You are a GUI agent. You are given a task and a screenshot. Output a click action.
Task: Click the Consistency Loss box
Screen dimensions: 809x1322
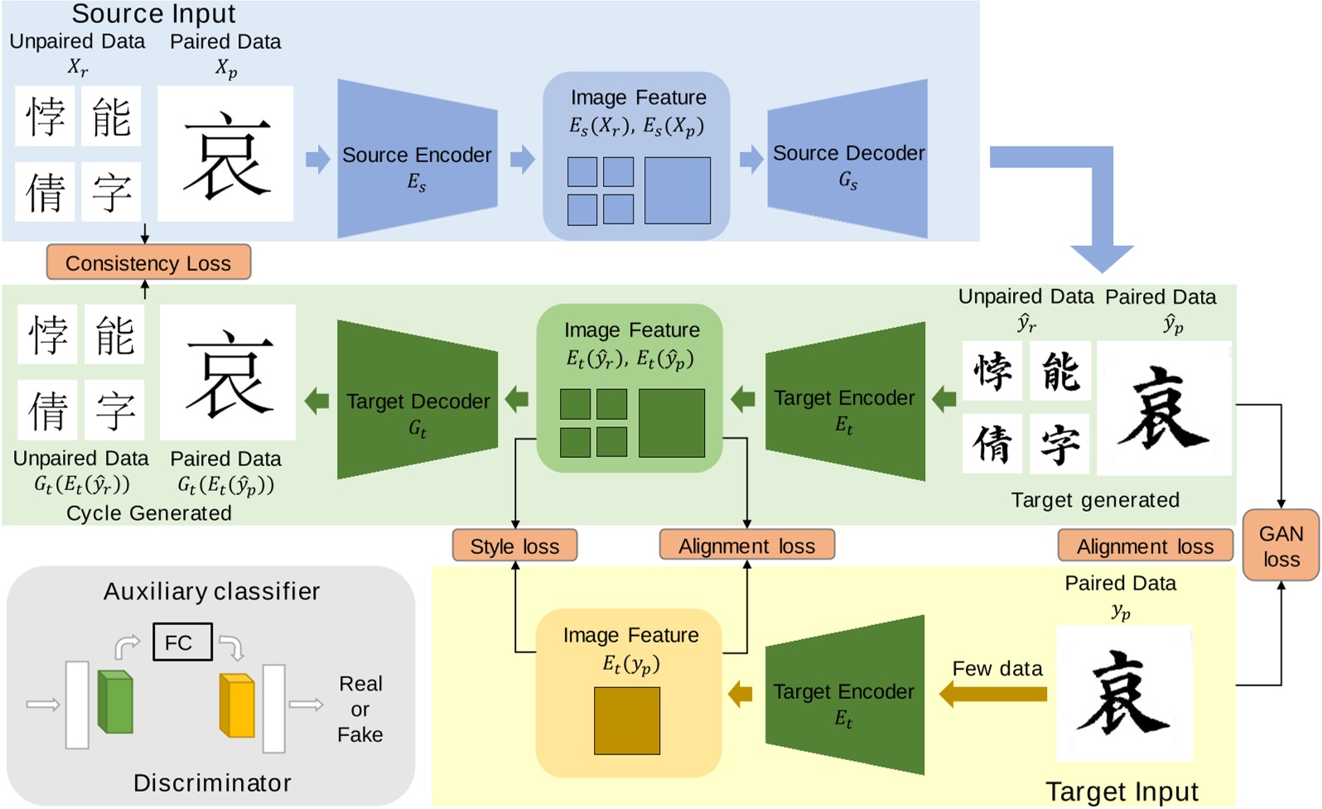coord(148,262)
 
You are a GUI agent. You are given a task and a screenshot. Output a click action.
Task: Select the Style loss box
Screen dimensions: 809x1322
coord(514,546)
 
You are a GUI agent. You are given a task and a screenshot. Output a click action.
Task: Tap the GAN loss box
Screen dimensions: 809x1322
coord(1281,546)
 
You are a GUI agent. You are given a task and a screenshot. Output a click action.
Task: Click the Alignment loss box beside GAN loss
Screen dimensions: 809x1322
coord(1145,546)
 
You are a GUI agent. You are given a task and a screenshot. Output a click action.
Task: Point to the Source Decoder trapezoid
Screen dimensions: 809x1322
coord(848,159)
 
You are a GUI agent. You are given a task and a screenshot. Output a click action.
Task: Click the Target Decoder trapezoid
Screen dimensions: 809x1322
coord(417,402)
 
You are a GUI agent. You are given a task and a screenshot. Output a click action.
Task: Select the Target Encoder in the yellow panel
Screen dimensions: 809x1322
coord(844,696)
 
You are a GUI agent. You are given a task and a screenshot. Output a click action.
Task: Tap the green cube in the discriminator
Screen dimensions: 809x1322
coord(115,702)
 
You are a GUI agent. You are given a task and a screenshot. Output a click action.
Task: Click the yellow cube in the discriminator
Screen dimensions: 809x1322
coord(237,705)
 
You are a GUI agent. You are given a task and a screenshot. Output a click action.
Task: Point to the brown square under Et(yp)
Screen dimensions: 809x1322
coord(627,720)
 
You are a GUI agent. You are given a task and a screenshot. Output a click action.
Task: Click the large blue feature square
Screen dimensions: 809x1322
coord(677,190)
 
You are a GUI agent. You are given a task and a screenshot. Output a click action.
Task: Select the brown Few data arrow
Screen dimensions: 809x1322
coord(993,694)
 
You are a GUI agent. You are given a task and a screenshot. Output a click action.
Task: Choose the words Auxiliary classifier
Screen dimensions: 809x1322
coord(211,591)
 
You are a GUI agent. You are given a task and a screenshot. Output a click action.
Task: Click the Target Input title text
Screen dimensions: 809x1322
coord(1122,792)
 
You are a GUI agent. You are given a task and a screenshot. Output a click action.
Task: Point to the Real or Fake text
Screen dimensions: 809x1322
coord(360,709)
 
